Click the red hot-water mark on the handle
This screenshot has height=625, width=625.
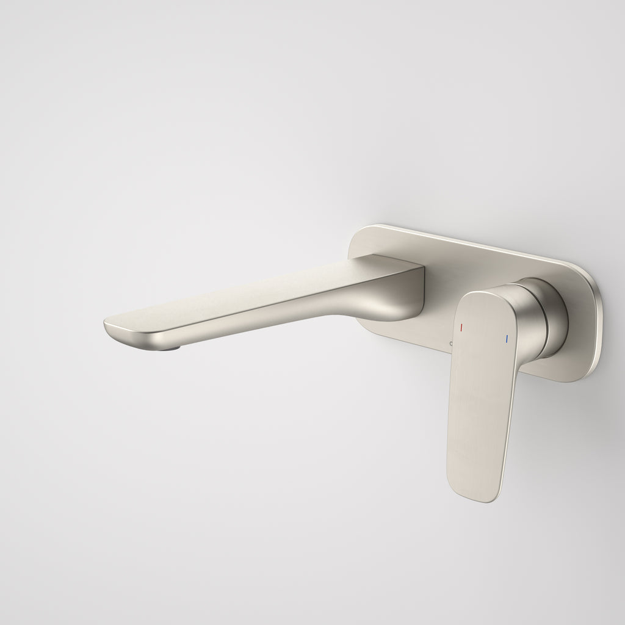pyautogui.click(x=461, y=328)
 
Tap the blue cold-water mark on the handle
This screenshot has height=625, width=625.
pyautogui.click(x=507, y=337)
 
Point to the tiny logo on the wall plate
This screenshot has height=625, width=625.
pyautogui.click(x=451, y=344)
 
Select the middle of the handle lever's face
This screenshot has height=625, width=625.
pyautogui.click(x=482, y=391)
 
